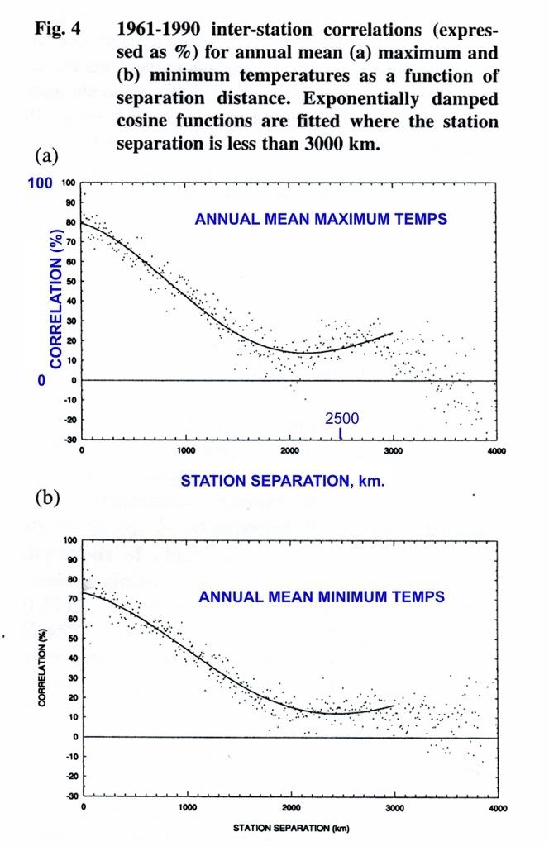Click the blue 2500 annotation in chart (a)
coord(341,419)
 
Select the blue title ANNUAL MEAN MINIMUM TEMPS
coord(322,596)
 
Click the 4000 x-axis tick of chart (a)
coord(495,451)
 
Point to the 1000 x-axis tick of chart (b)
coord(187,807)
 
